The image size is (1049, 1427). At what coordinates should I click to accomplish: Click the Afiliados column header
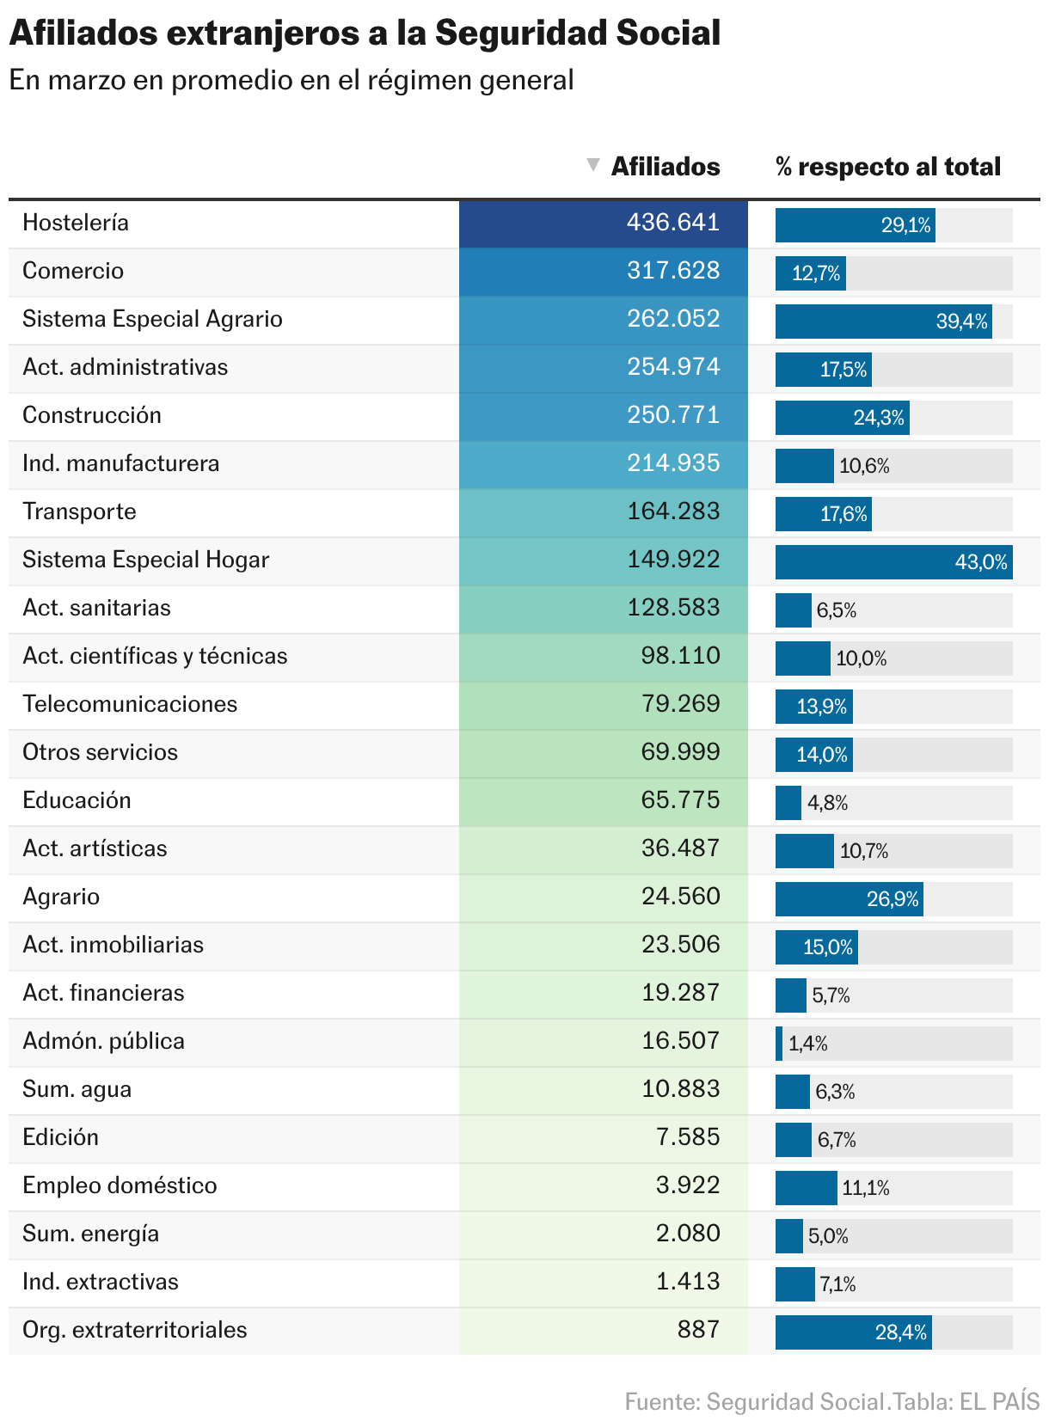pyautogui.click(x=665, y=167)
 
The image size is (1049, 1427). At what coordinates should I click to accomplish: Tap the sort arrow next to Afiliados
pyautogui.click(x=592, y=165)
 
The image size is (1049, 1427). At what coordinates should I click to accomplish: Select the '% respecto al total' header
pyautogui.click(x=887, y=167)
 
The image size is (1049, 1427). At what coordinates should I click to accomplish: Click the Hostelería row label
pyautogui.click(x=76, y=223)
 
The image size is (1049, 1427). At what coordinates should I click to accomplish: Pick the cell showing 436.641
pyautogui.click(x=672, y=223)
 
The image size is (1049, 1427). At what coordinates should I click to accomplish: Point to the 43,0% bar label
pyautogui.click(x=980, y=562)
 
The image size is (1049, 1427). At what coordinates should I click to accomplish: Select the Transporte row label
pyautogui.click(x=79, y=511)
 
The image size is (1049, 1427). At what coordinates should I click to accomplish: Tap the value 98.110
pyautogui.click(x=680, y=656)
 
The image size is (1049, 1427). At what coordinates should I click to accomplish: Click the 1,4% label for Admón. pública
pyautogui.click(x=807, y=1044)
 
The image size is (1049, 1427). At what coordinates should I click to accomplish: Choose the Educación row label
pyautogui.click(x=77, y=800)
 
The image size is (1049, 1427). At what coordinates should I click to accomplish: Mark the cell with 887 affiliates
pyautogui.click(x=697, y=1330)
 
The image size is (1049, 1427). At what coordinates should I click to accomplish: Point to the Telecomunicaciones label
pyautogui.click(x=130, y=704)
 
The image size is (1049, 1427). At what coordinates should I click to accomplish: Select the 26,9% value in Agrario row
pyautogui.click(x=892, y=899)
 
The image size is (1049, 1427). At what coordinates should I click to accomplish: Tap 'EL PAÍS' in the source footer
pyautogui.click(x=999, y=1401)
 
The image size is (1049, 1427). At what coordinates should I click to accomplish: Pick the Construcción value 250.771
pyautogui.click(x=672, y=415)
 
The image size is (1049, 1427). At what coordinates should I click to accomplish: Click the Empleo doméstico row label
pyautogui.click(x=120, y=1185)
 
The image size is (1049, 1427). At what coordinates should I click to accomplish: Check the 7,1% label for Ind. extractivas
pyautogui.click(x=837, y=1284)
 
